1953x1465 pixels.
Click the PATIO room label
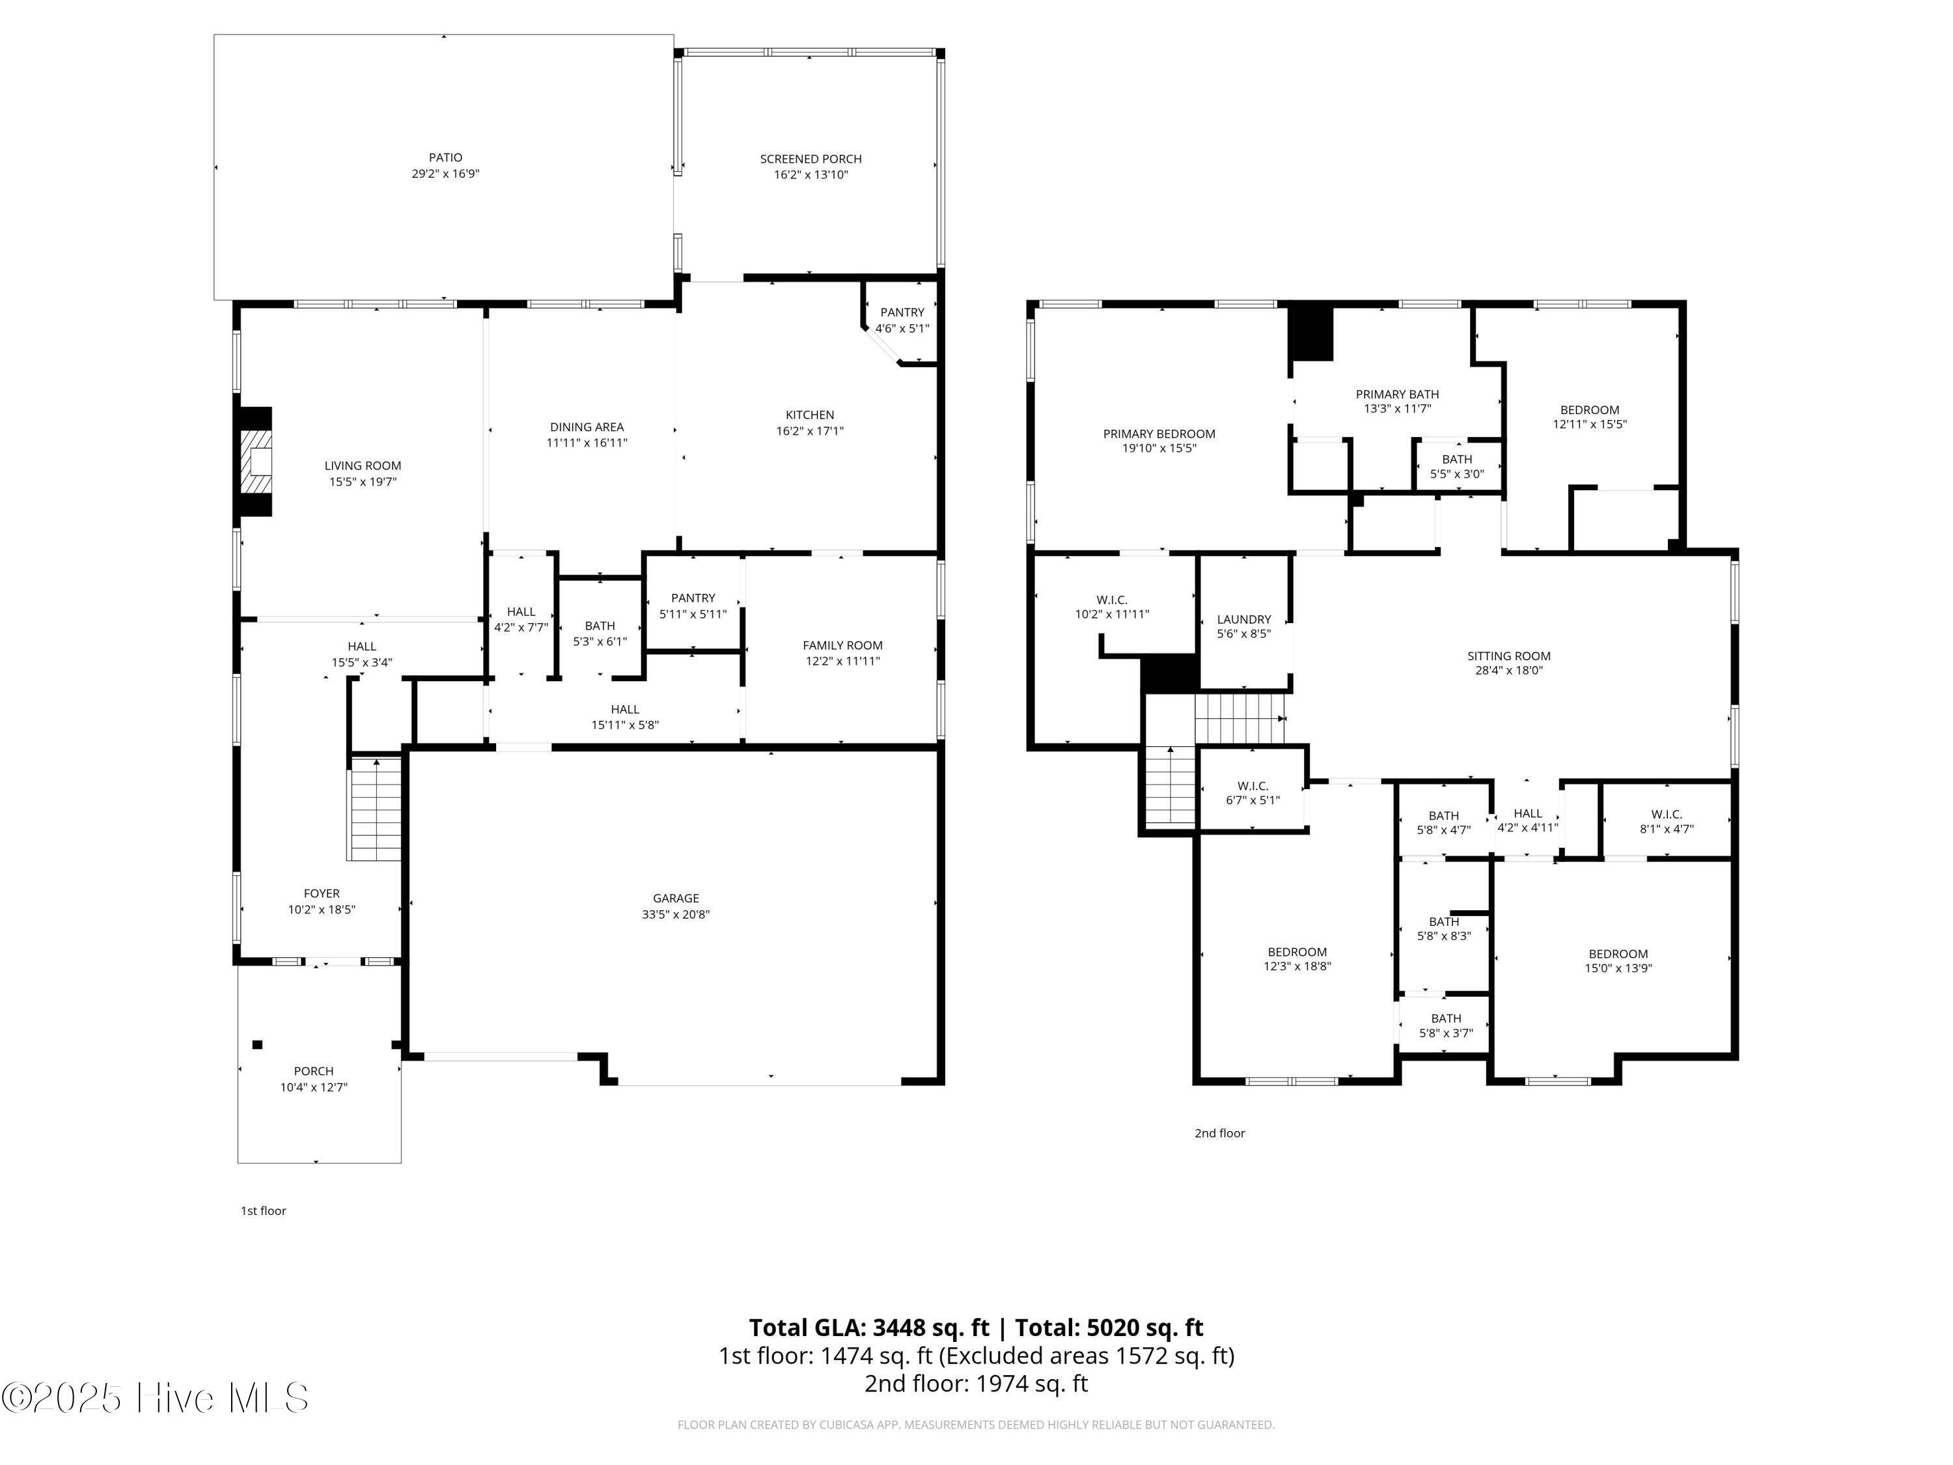tap(445, 157)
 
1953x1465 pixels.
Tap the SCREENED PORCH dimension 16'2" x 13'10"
tap(810, 175)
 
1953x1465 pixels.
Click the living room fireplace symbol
tap(257, 462)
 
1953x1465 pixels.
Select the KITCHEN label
tap(810, 415)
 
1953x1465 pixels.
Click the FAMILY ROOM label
tap(842, 645)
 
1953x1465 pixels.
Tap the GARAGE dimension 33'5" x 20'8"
tap(676, 915)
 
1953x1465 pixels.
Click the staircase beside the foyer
tap(376, 809)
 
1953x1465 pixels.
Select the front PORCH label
tap(313, 1071)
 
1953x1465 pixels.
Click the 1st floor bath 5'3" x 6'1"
tap(600, 633)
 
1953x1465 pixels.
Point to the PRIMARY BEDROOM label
tap(1158, 434)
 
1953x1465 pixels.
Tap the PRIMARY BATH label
tap(1397, 394)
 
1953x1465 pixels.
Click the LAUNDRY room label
tap(1243, 619)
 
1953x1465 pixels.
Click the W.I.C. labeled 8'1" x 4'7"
tap(1666, 821)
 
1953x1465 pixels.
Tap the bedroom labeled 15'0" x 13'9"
tap(1618, 961)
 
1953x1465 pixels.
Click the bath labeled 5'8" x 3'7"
tap(1445, 1026)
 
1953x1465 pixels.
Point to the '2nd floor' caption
tap(1219, 1133)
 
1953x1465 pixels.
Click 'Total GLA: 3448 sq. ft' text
tap(869, 1327)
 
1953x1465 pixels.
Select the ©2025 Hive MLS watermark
tap(156, 1398)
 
